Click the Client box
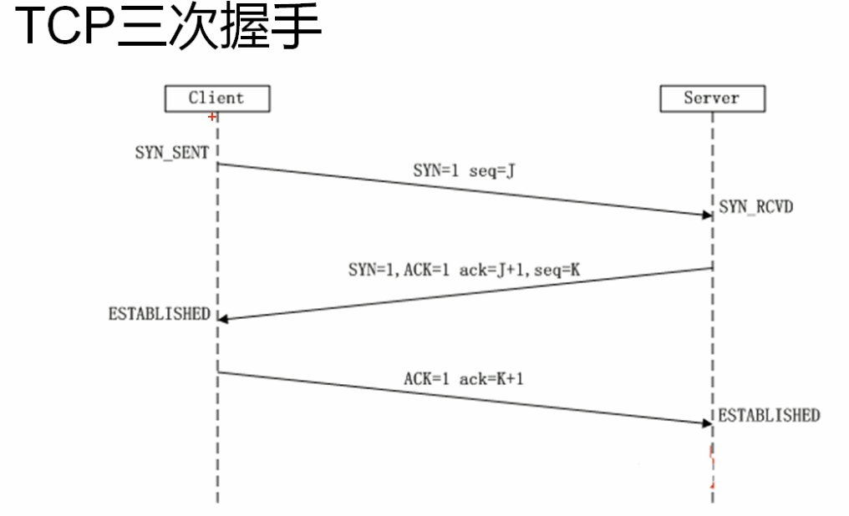point(216,99)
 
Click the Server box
point(712,99)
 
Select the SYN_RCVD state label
point(754,206)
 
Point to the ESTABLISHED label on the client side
point(159,315)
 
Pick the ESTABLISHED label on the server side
point(769,415)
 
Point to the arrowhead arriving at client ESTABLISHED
point(224,319)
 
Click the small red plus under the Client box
point(211,117)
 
